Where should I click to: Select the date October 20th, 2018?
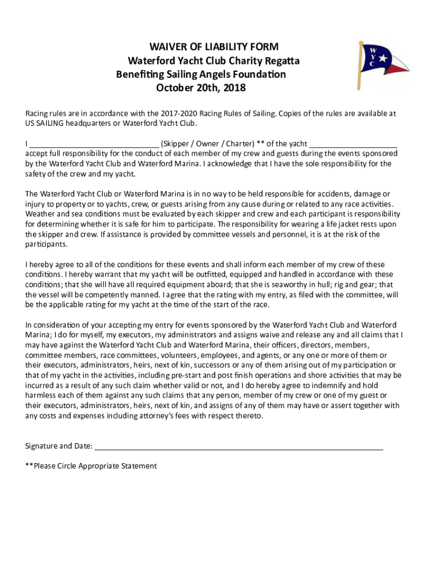pos(201,89)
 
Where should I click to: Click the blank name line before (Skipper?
pos(94,144)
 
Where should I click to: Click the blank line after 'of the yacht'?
pos(353,144)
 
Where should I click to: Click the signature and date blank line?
pos(239,447)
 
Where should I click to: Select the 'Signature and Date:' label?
pos(58,446)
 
